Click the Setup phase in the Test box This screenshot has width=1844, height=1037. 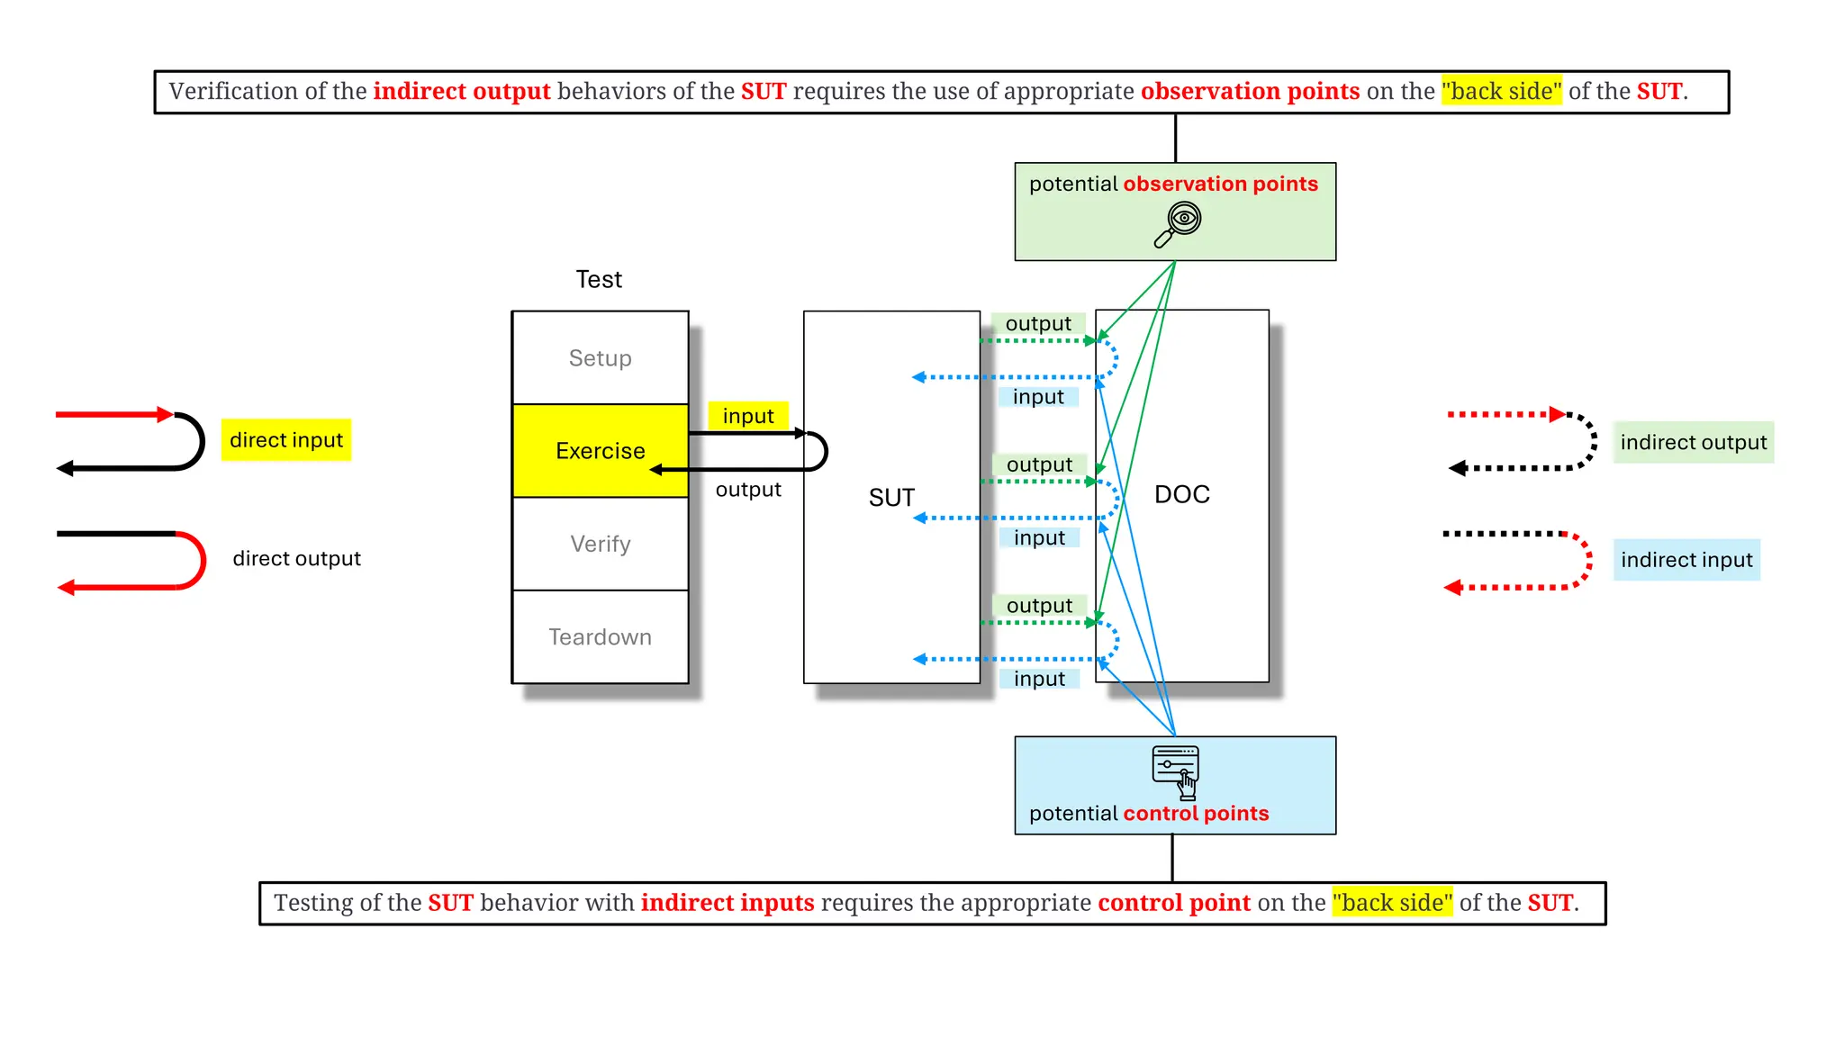pyautogui.click(x=600, y=358)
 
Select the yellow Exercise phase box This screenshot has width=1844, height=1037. pyautogui.click(x=600, y=451)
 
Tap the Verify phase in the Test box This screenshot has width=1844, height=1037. pyautogui.click(x=600, y=544)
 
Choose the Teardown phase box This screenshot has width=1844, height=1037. pyautogui.click(x=600, y=637)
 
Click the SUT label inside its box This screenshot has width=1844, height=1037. pyautogui.click(x=891, y=498)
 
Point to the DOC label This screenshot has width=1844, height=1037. pyautogui.click(x=1181, y=494)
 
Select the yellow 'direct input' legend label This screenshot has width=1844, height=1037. pyautogui.click(x=285, y=440)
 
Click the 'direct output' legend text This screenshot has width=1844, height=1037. pyautogui.click(x=296, y=559)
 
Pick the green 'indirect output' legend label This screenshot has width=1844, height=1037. pyautogui.click(x=1693, y=443)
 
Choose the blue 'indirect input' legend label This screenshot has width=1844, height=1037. pyautogui.click(x=1686, y=560)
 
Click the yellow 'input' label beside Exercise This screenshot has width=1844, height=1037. pyautogui.click(x=747, y=416)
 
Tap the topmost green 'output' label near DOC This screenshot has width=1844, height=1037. pyautogui.click(x=1037, y=324)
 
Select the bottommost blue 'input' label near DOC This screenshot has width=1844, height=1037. pyautogui.click(x=1039, y=679)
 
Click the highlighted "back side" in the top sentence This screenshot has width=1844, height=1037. pyautogui.click(x=1501, y=92)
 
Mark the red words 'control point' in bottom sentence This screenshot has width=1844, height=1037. pyautogui.click(x=1173, y=903)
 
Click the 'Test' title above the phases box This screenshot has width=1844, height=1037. pyautogui.click(x=599, y=280)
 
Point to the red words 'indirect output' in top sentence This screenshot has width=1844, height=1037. pyautogui.click(x=461, y=92)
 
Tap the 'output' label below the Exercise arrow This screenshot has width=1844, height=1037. pyautogui.click(x=747, y=490)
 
